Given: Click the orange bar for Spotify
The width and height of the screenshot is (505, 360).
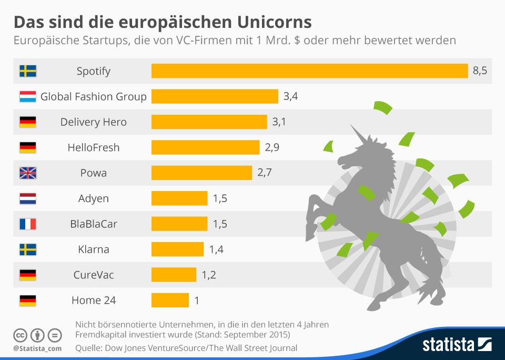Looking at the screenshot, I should point(309,71).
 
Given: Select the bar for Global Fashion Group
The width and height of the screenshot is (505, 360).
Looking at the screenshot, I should point(215,96).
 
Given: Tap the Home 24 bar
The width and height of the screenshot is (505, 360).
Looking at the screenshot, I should point(170,301).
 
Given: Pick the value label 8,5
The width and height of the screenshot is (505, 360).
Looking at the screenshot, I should point(480,71).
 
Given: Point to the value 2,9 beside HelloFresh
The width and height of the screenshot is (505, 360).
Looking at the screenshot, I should point(272,147).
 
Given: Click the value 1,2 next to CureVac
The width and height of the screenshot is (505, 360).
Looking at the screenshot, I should point(209,275).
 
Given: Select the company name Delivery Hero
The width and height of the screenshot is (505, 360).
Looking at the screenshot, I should point(94,122).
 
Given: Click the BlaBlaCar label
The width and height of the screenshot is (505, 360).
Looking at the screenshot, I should point(94,224).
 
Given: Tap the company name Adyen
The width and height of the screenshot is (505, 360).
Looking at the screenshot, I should point(94,198).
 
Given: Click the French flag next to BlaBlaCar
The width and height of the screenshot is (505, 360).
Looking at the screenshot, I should point(27,224).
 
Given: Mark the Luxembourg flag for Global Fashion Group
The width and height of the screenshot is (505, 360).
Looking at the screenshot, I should point(27,97).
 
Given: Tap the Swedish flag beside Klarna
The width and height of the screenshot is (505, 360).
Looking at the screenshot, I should point(27,249).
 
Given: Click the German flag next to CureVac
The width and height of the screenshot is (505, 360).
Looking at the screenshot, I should point(27,275).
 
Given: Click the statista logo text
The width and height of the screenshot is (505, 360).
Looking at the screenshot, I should point(447,345).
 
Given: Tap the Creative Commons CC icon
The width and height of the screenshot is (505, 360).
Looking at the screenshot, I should point(20,335).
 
